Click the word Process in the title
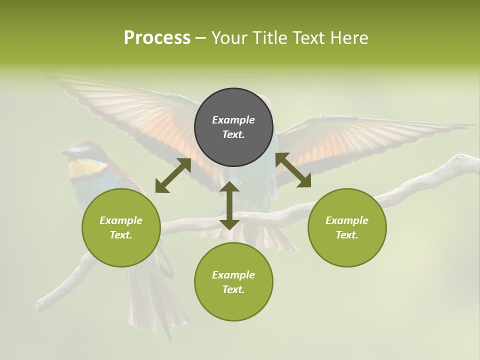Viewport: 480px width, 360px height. coord(157,38)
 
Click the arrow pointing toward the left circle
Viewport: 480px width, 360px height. coord(173,175)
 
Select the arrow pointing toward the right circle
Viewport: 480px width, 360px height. coord(293,170)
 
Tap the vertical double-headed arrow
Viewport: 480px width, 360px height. coord(229,205)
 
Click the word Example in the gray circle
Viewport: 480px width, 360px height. coord(233,120)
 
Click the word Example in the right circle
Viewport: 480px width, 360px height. coord(347,220)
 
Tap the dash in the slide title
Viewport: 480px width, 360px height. coord(201,38)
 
